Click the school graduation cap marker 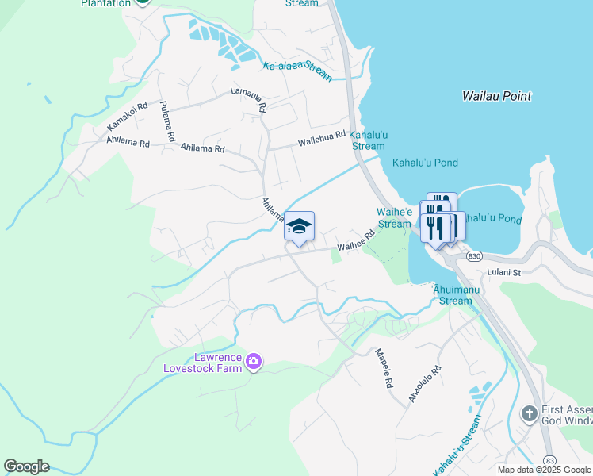pos(299,227)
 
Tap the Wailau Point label pos(496,96)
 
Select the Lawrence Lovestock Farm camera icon pos(254,362)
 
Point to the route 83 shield pos(549,460)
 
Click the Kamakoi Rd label pos(128,117)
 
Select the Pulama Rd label pos(167,121)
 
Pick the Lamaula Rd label pos(248,98)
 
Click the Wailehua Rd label pos(323,139)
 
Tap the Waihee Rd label pos(355,241)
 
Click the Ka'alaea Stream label pos(297,70)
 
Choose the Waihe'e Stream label pos(394,218)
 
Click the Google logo pos(26,466)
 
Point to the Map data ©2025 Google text pos(543,470)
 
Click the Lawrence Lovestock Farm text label pos(201,363)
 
